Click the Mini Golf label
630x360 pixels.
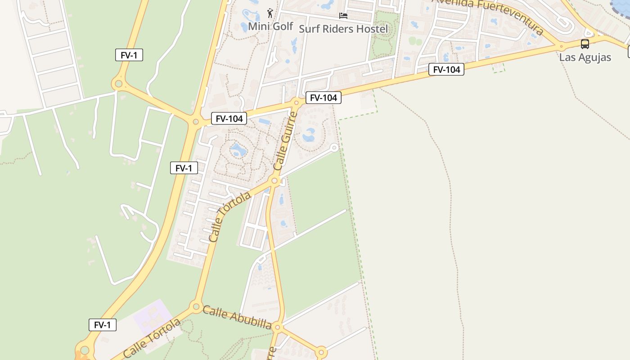pos(270,26)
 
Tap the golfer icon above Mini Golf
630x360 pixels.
pos(270,13)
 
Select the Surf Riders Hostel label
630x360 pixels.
pos(343,29)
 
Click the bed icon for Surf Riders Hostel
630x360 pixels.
pos(343,16)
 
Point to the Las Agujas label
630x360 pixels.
pos(585,57)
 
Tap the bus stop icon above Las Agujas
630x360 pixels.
pos(585,44)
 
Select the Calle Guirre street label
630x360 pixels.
pos(286,141)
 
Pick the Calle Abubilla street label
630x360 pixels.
pos(237,318)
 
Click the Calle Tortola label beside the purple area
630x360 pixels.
pos(152,338)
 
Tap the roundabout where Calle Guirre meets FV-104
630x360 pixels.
pos(296,103)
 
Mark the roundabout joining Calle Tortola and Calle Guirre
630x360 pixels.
pos(274,181)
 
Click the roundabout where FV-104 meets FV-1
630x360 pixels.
pos(195,121)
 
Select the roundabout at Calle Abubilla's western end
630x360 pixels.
pos(196,307)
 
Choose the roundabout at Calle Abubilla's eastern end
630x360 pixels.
pos(278,327)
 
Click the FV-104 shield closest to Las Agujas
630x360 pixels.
pos(446,69)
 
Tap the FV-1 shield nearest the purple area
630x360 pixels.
pos(103,325)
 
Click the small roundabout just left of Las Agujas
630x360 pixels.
pos(561,46)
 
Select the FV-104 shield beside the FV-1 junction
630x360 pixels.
pos(229,119)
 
